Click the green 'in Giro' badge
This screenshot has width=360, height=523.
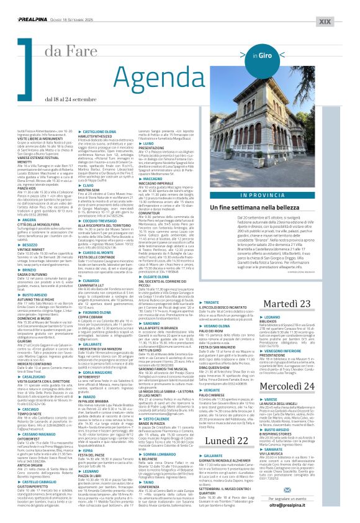coord(262,55)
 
